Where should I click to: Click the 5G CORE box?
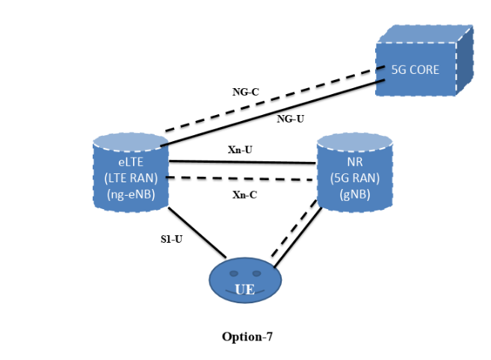coord(416,69)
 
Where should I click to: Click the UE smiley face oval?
coord(244,282)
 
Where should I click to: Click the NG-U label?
coord(290,118)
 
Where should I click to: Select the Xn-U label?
coord(239,149)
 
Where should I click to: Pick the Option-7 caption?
coord(247,337)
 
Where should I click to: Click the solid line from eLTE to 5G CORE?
coord(269,113)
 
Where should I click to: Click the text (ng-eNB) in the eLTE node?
coord(131,193)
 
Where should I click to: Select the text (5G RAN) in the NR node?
coord(354,179)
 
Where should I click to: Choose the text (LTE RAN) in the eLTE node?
coord(131,178)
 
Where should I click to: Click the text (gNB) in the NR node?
coord(354,193)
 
